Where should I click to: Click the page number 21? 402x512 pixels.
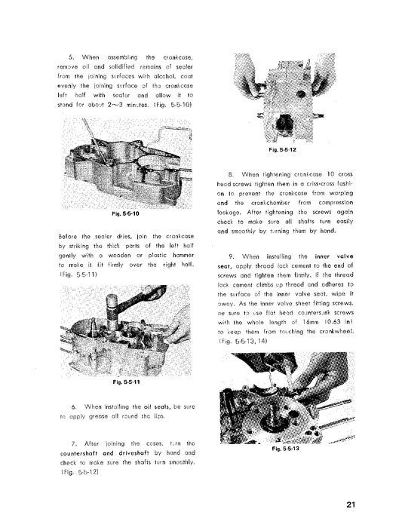(x=351, y=483)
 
